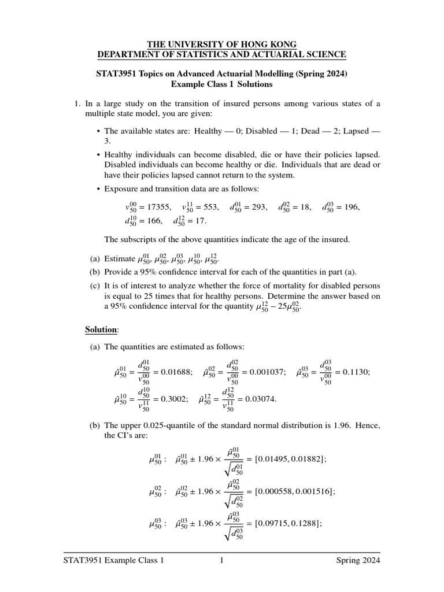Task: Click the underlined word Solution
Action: (101, 329)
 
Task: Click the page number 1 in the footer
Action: (221, 561)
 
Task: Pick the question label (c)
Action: (94, 286)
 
